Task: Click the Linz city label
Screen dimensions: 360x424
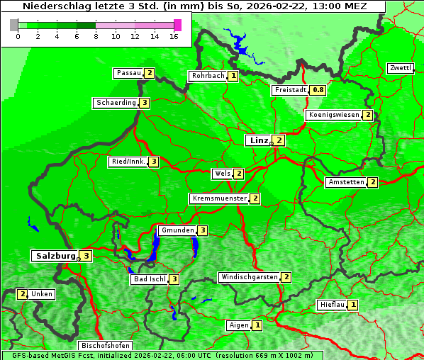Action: click(259, 140)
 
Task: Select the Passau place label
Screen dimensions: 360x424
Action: click(129, 73)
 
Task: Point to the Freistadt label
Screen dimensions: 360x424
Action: click(291, 90)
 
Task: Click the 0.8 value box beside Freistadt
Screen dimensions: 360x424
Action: click(318, 90)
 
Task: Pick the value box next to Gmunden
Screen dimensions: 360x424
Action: click(202, 230)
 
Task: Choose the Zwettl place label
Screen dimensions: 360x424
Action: click(400, 68)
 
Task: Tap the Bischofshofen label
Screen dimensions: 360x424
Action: click(104, 346)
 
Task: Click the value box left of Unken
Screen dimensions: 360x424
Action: click(23, 294)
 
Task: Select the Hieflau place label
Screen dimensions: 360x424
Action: click(332, 305)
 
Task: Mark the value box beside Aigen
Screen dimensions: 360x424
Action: click(257, 325)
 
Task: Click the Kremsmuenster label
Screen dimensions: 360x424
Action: click(219, 198)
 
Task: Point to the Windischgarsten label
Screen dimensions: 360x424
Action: click(249, 277)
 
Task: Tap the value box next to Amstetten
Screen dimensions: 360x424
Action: click(372, 182)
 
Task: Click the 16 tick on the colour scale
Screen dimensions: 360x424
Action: click(173, 36)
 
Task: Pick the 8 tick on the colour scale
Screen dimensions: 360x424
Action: click(96, 36)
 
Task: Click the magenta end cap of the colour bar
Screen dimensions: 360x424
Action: click(177, 25)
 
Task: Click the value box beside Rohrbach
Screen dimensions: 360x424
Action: click(233, 76)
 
